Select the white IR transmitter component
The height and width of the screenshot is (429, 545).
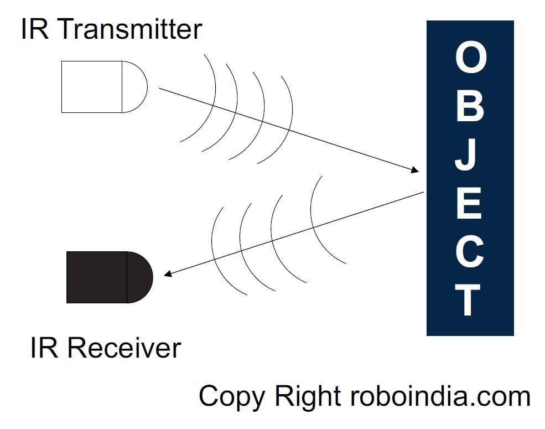104,87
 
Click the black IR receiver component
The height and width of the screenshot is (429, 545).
110,277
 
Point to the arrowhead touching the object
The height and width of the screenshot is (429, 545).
414,169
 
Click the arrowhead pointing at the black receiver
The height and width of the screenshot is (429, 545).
168,274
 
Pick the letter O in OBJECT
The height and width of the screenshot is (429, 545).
471,58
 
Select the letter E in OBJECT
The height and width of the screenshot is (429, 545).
469,203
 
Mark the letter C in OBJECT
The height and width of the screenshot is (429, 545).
470,251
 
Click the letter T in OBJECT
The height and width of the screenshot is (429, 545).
468,299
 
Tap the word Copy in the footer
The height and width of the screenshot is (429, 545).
232,397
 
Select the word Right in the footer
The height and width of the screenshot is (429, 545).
308,397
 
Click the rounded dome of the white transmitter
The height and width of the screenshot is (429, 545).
135,87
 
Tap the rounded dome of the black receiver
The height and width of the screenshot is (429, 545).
140,277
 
